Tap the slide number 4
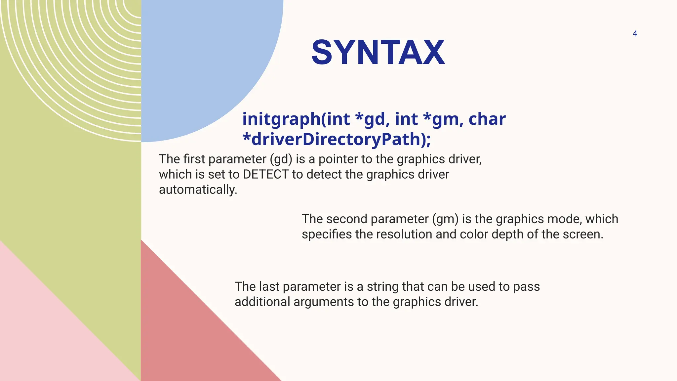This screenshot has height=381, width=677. [635, 33]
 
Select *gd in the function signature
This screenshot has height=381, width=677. [370, 119]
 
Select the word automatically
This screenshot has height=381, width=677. [198, 190]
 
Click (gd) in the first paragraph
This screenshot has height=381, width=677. [281, 159]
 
